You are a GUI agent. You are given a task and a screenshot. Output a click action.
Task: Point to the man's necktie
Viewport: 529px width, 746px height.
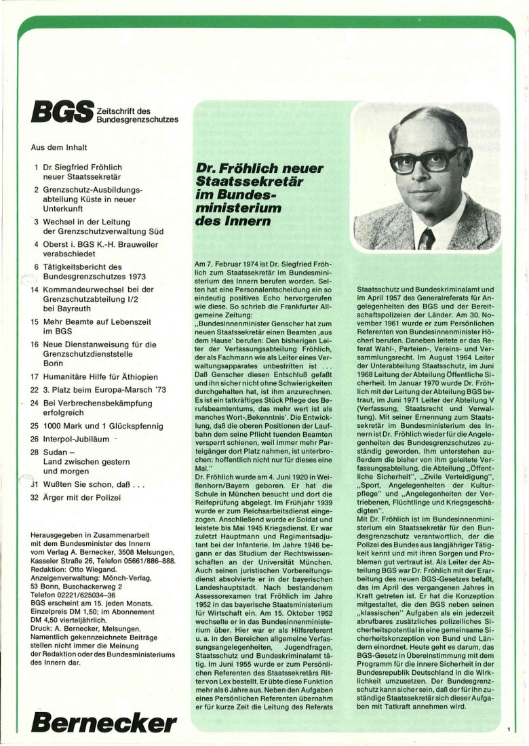(427, 238)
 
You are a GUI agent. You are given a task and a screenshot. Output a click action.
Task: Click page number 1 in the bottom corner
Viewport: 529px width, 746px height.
(508, 730)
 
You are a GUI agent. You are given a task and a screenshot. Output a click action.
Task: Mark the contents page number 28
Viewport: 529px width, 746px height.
(35, 452)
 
